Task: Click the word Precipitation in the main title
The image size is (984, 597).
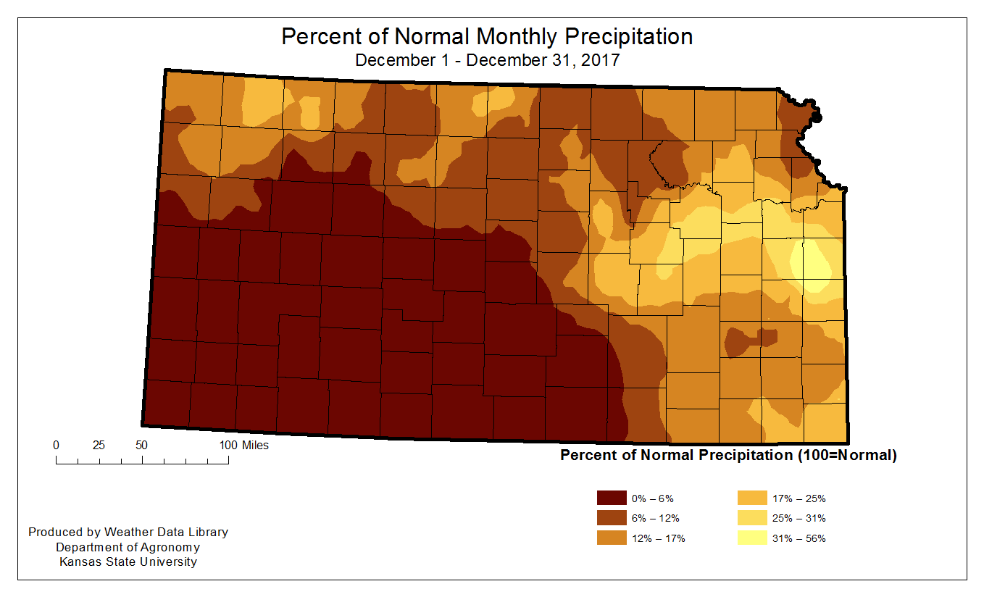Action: (x=629, y=36)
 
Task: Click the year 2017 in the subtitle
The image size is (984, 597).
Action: (x=600, y=60)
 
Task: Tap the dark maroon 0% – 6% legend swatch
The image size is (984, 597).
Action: (x=612, y=498)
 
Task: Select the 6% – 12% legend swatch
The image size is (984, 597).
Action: (x=612, y=518)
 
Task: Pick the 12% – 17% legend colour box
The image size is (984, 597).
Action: (x=612, y=538)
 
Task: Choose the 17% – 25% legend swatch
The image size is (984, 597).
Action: (x=753, y=498)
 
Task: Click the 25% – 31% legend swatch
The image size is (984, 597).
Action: (x=753, y=518)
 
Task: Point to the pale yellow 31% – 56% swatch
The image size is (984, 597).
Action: (x=753, y=538)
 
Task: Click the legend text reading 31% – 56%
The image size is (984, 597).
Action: (x=799, y=538)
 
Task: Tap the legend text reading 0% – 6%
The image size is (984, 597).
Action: (x=652, y=498)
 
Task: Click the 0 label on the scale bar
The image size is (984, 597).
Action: (x=56, y=445)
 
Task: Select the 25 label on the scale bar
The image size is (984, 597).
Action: (x=99, y=445)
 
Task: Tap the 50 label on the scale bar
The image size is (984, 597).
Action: (x=141, y=445)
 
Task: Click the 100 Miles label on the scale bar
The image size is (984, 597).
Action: (x=243, y=445)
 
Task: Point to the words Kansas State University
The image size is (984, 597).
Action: (x=128, y=561)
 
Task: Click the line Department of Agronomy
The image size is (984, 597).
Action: (x=128, y=547)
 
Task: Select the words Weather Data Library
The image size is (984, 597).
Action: (x=166, y=532)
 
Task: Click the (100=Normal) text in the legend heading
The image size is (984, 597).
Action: (x=847, y=455)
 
